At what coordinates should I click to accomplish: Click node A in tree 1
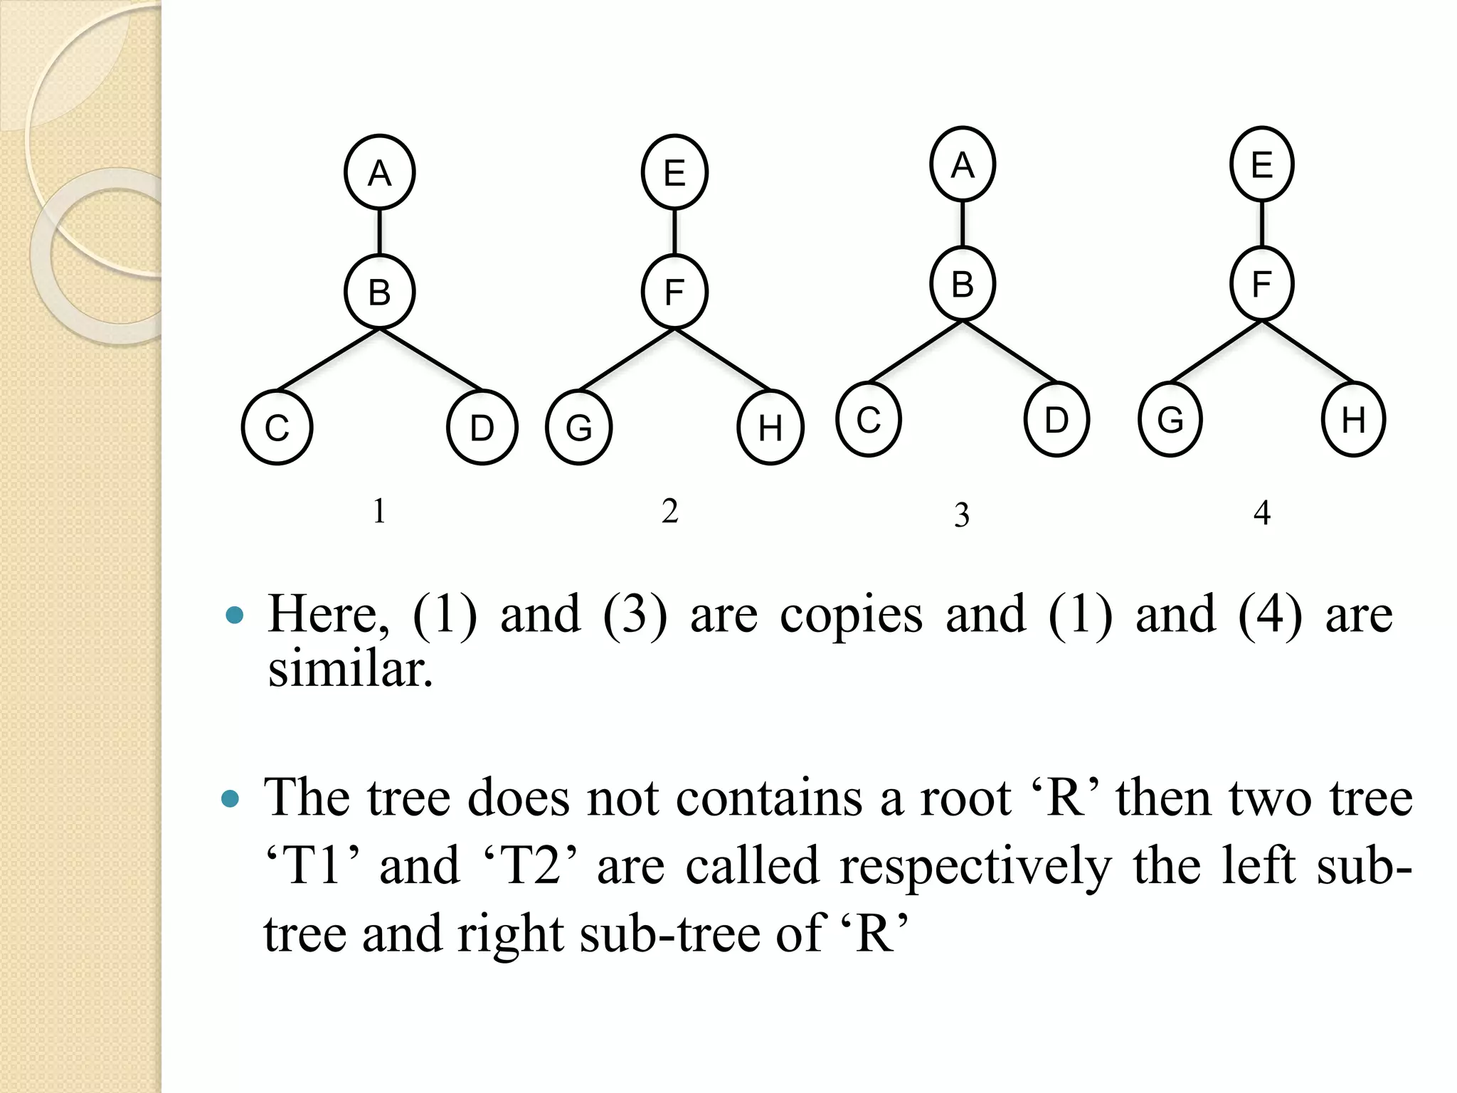tap(379, 173)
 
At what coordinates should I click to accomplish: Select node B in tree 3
tap(962, 284)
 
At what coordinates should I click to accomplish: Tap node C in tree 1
tap(277, 428)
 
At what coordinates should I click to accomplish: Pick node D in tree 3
tap(1056, 420)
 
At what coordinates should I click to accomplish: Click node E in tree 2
tap(674, 173)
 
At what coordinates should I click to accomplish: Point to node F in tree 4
tap(1261, 284)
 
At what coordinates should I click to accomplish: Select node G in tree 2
tap(579, 428)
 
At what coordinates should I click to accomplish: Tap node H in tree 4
tap(1353, 420)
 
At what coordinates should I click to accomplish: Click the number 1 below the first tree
tap(379, 511)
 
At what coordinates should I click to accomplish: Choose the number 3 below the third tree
tap(962, 514)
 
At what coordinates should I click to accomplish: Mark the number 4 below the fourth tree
tap(1261, 512)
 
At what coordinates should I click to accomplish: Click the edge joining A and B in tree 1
tap(379, 232)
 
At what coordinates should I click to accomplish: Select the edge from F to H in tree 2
tap(722, 359)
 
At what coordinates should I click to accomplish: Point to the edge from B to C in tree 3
tap(916, 352)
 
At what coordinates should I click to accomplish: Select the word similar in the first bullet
tap(349, 670)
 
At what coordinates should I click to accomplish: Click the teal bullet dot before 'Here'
tap(234, 615)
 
